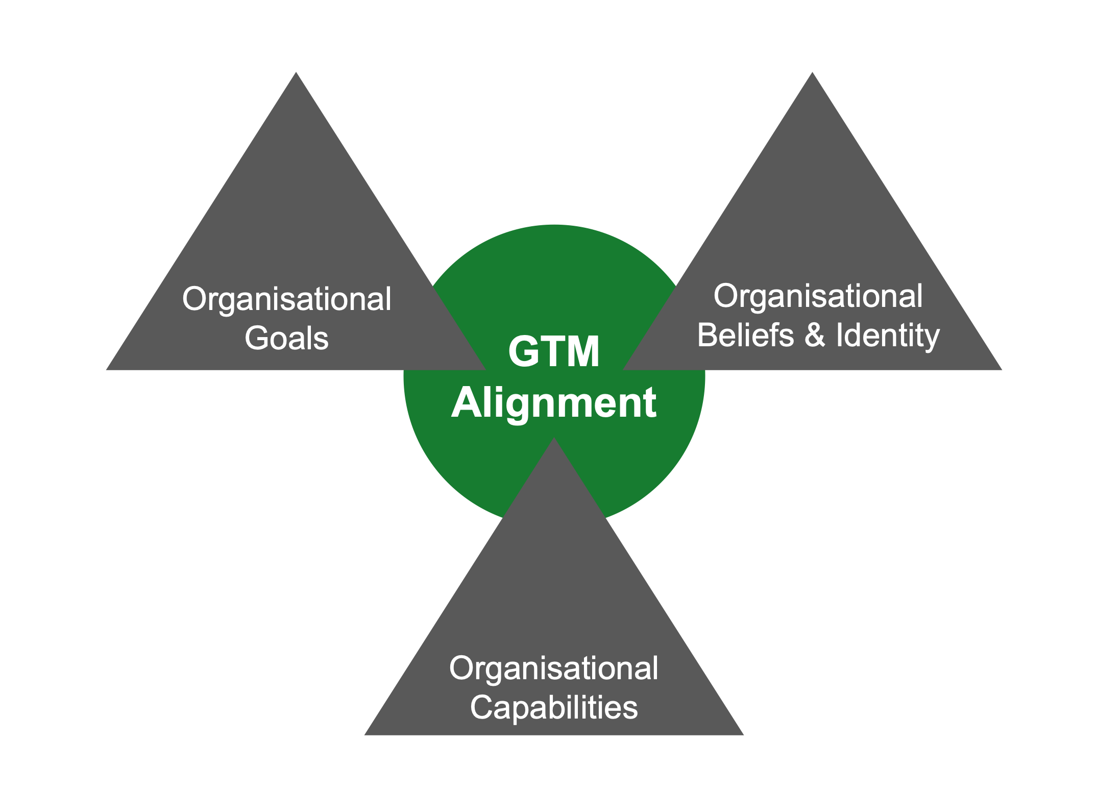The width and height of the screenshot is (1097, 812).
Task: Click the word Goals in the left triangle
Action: pos(286,338)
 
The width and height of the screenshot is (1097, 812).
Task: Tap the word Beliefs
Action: pos(745,335)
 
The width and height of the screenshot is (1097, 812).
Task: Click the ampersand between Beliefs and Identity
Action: pos(815,335)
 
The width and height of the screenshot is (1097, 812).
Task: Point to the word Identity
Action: pos(888,336)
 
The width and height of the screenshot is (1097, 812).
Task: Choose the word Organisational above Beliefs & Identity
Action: pos(818,296)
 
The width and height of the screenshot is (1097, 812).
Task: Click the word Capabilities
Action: pos(554,708)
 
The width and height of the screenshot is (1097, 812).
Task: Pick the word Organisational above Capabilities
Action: pos(554,668)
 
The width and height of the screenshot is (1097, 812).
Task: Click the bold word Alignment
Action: pos(554,403)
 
